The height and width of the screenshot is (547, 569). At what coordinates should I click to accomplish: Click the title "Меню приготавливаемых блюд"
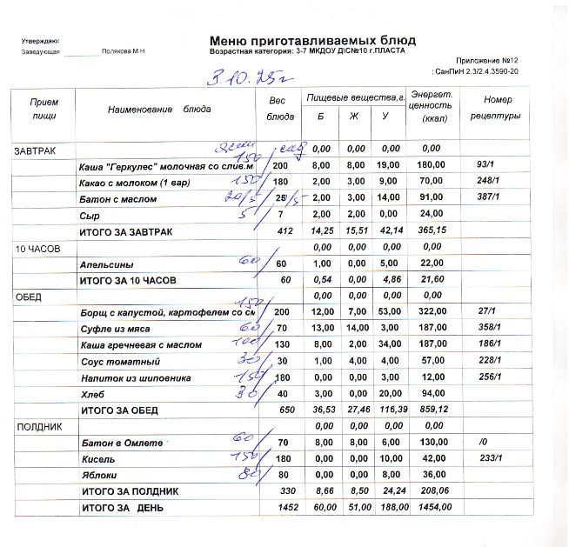[312, 40]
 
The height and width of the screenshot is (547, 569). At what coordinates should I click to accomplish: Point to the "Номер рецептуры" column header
[496, 107]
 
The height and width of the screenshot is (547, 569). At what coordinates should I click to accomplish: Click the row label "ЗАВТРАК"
[35, 150]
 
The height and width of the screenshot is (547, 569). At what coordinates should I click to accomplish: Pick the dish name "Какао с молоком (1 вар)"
[135, 182]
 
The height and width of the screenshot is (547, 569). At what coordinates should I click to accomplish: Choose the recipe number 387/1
[492, 197]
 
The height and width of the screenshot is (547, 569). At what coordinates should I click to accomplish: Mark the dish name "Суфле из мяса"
[115, 329]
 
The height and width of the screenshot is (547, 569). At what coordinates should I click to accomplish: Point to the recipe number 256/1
[492, 377]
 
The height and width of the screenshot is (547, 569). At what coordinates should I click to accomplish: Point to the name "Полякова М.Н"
[123, 52]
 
